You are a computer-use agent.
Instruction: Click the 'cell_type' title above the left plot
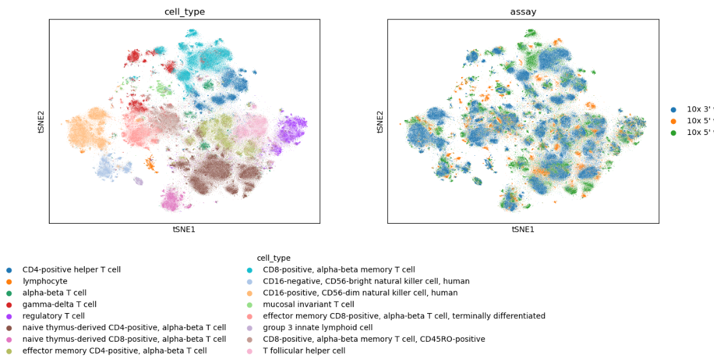[185, 12]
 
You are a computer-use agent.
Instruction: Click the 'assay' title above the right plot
[523, 12]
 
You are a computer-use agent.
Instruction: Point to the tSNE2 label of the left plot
[41, 121]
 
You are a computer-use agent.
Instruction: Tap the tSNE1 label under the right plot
[523, 230]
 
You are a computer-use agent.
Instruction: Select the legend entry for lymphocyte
[44, 281]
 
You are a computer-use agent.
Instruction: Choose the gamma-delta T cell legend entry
[59, 305]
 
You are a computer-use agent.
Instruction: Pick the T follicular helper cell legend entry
[304, 351]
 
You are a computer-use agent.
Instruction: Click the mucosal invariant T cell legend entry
[308, 305]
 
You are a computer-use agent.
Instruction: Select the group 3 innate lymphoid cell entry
[318, 327]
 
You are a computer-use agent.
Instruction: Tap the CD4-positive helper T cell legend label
[71, 269]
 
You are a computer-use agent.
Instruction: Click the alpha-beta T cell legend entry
[54, 293]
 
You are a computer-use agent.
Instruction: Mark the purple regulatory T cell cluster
[292, 128]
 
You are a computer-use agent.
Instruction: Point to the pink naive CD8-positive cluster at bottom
[172, 198]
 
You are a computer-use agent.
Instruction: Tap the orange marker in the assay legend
[674, 121]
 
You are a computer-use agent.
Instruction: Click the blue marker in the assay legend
[674, 110]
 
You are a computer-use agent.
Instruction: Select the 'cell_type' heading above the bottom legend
[273, 258]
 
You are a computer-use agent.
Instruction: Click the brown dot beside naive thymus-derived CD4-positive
[9, 328]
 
